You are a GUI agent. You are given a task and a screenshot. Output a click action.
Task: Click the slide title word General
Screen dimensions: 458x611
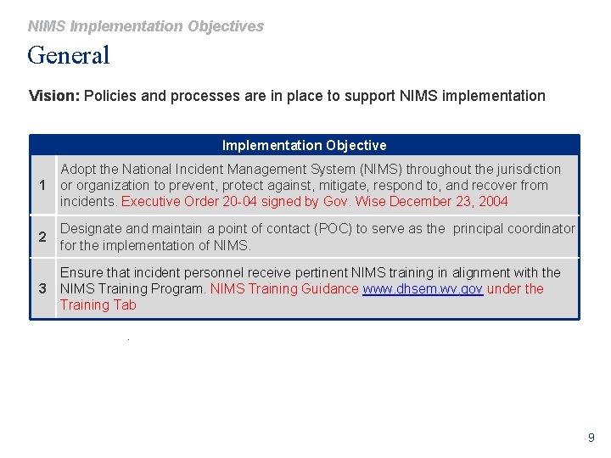pyautogui.click(x=69, y=56)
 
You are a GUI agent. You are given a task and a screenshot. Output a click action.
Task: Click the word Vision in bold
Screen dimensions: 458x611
pyautogui.click(x=53, y=96)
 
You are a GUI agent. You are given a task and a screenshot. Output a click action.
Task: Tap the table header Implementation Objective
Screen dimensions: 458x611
pyautogui.click(x=304, y=145)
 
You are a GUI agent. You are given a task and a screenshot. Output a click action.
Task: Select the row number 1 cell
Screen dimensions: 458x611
pyautogui.click(x=42, y=186)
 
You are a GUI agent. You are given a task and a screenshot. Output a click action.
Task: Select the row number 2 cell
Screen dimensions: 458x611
pyautogui.click(x=42, y=237)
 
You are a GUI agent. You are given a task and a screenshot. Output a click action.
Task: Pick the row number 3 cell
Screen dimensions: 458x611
pyautogui.click(x=42, y=289)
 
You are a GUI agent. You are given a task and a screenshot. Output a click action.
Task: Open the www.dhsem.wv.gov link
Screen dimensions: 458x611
pyautogui.click(x=423, y=289)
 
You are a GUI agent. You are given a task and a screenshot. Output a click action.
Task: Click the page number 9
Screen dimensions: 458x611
pyautogui.click(x=591, y=438)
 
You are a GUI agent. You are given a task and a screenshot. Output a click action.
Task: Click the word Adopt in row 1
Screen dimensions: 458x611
pyautogui.click(x=78, y=170)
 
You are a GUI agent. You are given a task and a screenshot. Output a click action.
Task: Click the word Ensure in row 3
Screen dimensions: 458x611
pyautogui.click(x=81, y=273)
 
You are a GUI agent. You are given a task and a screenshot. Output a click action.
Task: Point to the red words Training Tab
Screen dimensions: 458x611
pyautogui.click(x=98, y=305)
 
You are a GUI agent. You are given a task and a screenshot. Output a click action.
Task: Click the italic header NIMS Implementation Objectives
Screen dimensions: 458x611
pyautogui.click(x=146, y=26)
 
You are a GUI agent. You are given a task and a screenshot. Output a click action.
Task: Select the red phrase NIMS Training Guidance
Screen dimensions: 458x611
pyautogui.click(x=284, y=289)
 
